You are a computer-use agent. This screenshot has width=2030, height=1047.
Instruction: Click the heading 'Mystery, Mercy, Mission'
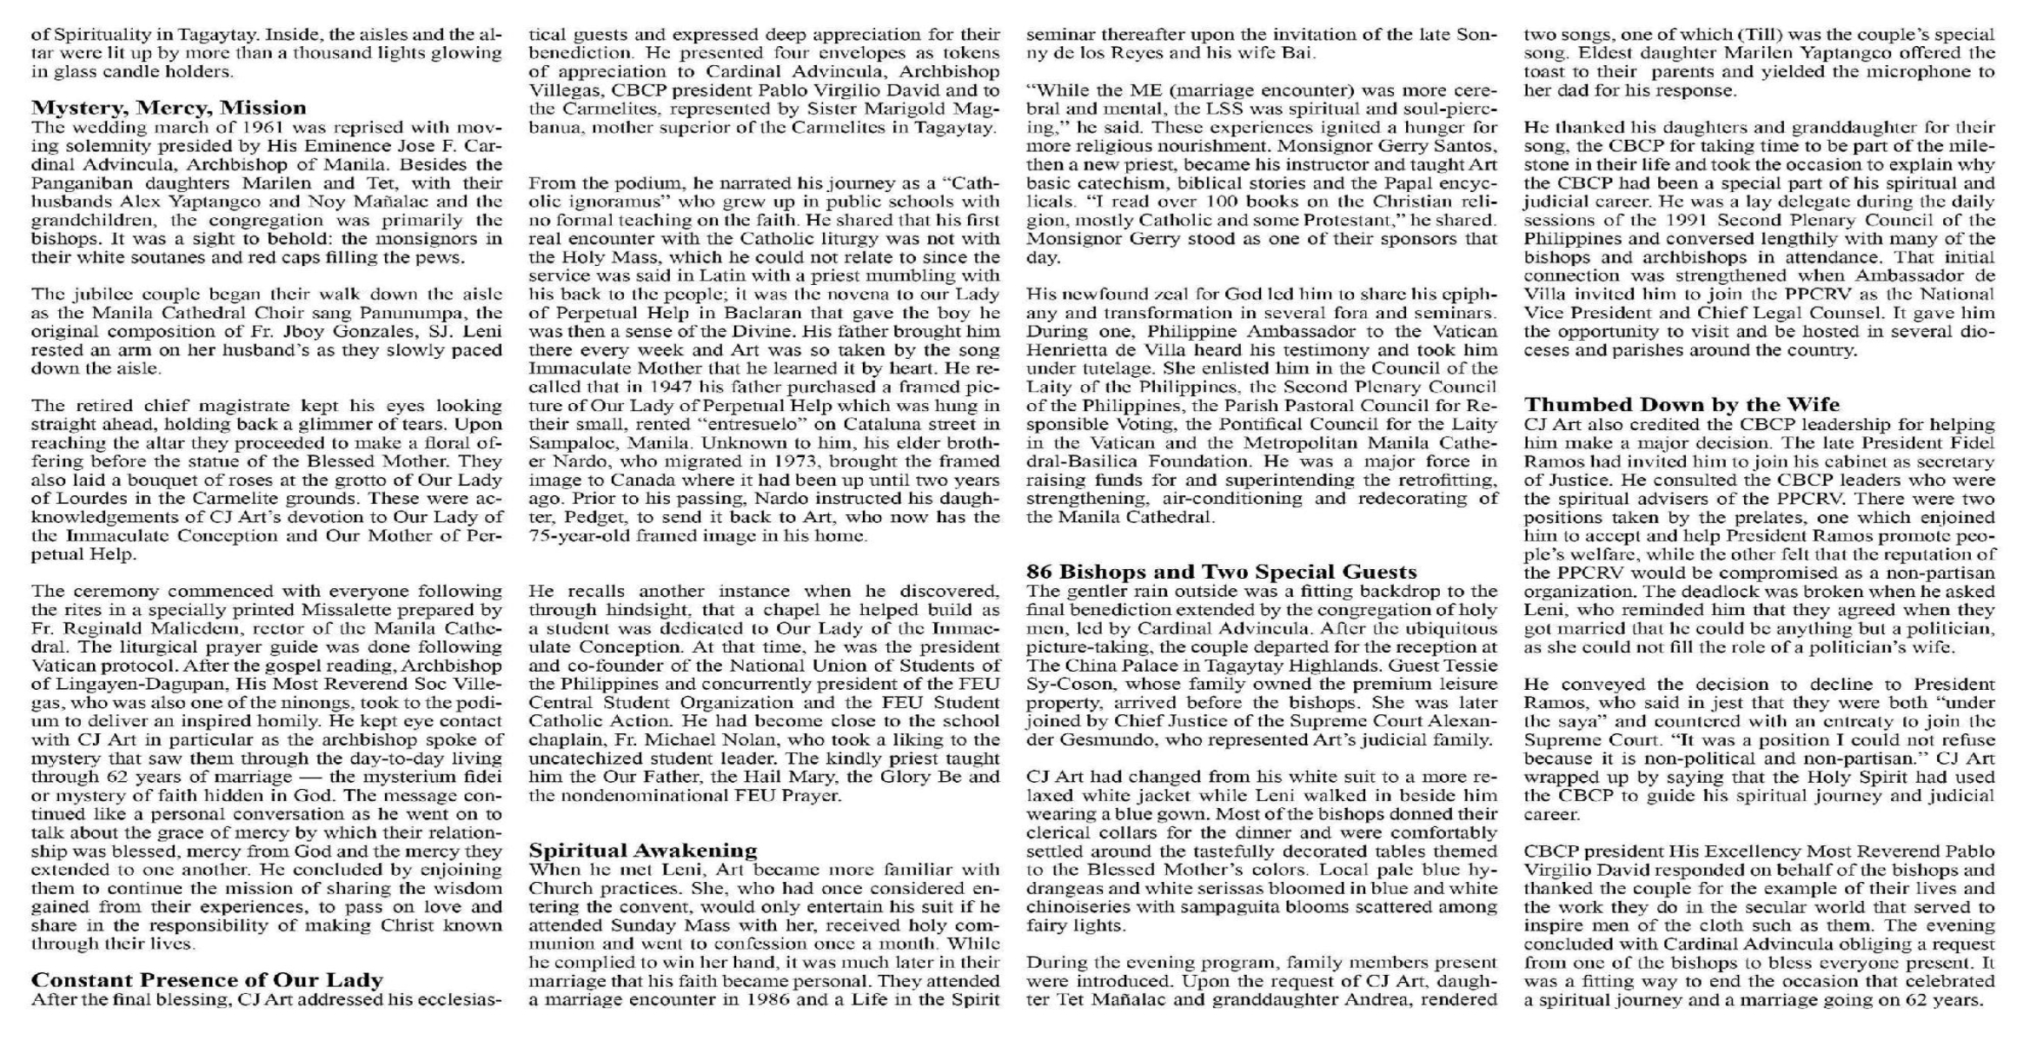point(169,108)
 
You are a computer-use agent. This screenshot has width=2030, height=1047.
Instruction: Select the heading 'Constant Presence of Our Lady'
point(207,980)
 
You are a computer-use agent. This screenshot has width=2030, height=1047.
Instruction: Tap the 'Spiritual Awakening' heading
point(643,850)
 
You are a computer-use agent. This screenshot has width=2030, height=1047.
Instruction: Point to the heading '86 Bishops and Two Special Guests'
point(1222,572)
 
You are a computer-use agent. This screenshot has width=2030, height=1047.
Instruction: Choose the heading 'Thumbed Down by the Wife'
point(1682,405)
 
